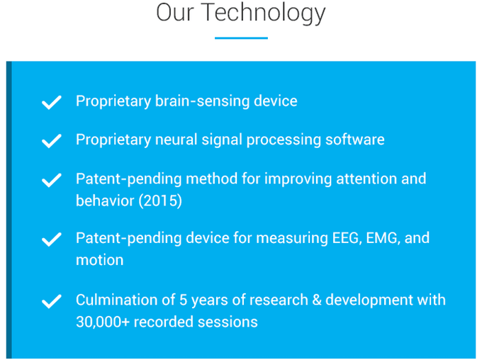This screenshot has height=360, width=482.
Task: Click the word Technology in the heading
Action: coord(263,13)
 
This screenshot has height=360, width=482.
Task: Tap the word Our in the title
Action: coord(175,12)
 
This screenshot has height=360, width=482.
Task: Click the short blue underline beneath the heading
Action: coord(241,38)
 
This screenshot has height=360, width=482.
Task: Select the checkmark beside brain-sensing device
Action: coord(52,102)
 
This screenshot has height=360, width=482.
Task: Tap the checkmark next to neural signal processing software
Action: coord(52,141)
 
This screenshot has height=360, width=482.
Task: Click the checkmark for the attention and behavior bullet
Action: coord(52,180)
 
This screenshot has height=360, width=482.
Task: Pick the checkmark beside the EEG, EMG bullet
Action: coord(52,240)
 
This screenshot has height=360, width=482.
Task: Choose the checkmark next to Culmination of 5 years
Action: coord(52,301)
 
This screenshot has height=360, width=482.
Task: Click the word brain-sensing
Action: coord(202,101)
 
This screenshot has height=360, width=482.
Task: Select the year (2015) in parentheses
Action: coord(160,201)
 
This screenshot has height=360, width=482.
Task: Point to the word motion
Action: coord(100,260)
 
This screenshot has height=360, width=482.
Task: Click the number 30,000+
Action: coord(103,322)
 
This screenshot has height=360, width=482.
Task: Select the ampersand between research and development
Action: coord(317,300)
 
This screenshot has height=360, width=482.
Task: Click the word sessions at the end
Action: coord(228,322)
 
